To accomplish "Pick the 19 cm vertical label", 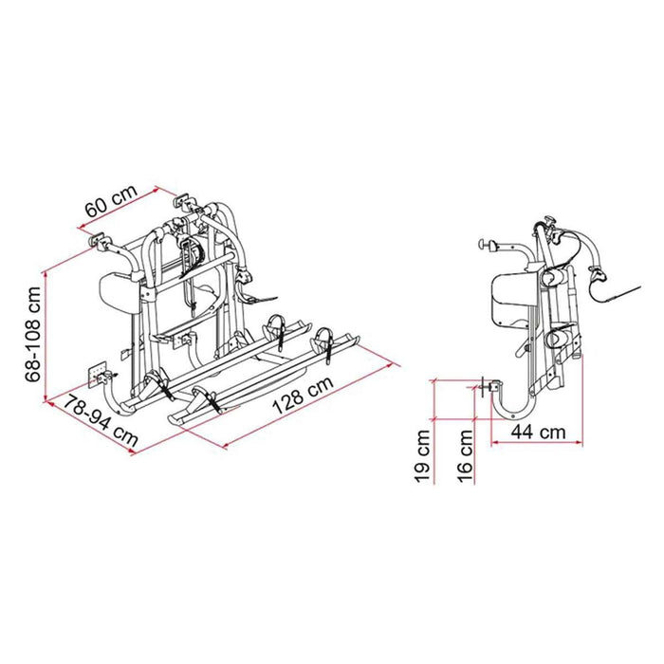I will click(x=422, y=454).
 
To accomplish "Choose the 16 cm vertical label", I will click(x=465, y=454).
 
